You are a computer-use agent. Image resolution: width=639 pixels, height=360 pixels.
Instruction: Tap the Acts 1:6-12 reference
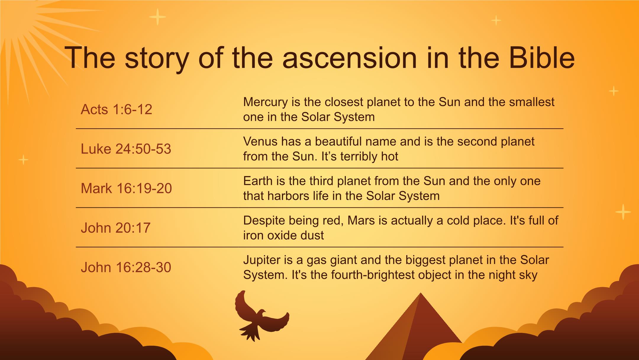(116, 109)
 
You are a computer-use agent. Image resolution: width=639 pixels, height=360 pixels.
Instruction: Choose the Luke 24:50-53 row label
(126, 149)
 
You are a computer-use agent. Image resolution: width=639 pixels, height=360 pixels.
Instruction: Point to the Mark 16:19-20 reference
(126, 188)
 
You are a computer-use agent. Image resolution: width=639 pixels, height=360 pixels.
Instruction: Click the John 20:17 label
(116, 228)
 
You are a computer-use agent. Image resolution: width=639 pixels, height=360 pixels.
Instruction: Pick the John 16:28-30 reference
(126, 267)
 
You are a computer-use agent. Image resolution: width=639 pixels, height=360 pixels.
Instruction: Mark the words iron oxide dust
(283, 235)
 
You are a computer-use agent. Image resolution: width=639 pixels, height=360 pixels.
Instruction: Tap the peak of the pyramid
(420, 293)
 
